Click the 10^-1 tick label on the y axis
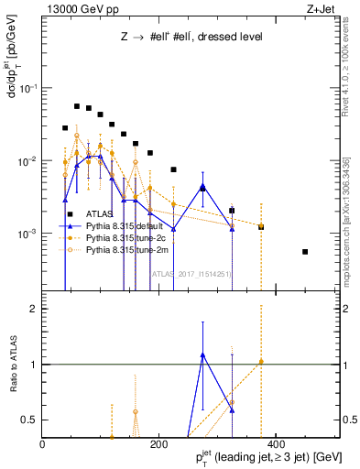click(x=27, y=88)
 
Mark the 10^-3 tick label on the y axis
click(x=27, y=234)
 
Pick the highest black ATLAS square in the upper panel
click(x=77, y=106)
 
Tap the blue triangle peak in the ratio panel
click(x=202, y=354)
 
